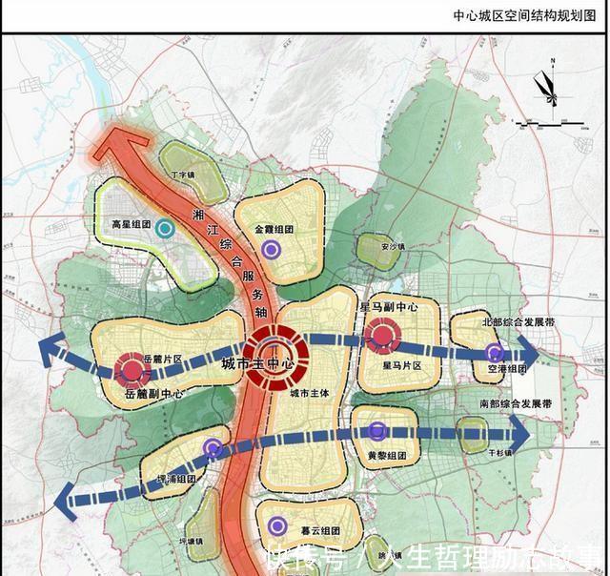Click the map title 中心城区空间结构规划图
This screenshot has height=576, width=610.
pos(525,15)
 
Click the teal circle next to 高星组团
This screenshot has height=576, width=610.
pos(165,228)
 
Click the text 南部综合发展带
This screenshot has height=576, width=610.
pos(517,405)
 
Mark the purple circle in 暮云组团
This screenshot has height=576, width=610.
pos(277,524)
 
